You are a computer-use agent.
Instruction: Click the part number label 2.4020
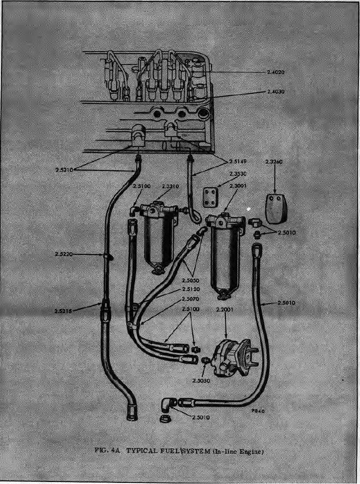[x=275, y=72]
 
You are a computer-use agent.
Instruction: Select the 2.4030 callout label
[x=275, y=92]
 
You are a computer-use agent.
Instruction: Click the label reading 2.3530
[x=238, y=174]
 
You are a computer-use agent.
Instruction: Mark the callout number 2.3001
[x=237, y=186]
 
